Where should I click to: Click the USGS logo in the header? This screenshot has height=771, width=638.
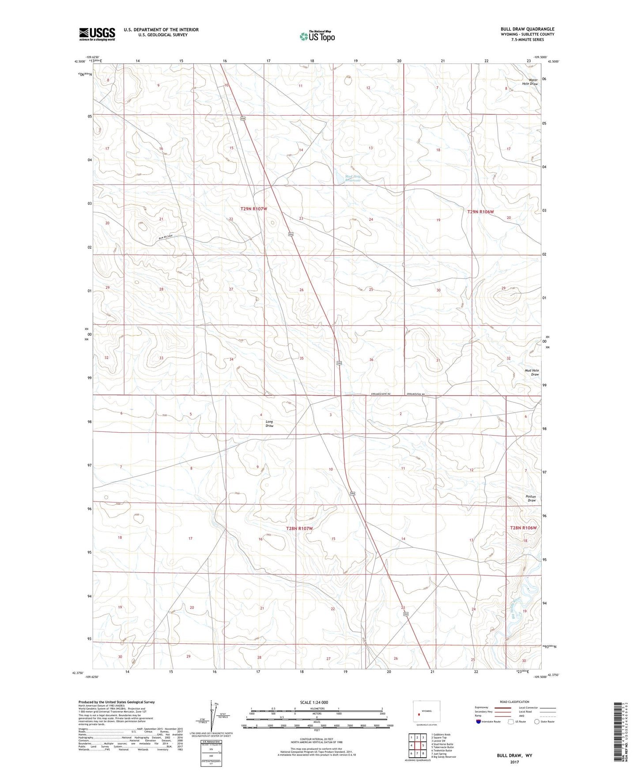click(97, 34)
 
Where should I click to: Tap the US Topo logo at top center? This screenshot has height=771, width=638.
click(317, 36)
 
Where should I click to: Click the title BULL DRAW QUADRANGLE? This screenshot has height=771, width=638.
click(527, 29)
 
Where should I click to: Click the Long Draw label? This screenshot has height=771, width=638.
click(269, 423)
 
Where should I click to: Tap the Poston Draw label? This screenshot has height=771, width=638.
click(531, 499)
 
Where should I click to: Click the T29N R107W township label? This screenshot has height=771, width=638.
click(254, 208)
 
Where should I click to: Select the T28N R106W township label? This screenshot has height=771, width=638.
click(523, 528)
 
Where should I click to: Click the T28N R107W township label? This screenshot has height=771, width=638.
click(299, 528)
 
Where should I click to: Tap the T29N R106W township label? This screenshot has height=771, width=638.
click(480, 212)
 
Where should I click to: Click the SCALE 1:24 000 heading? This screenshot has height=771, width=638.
click(314, 702)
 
